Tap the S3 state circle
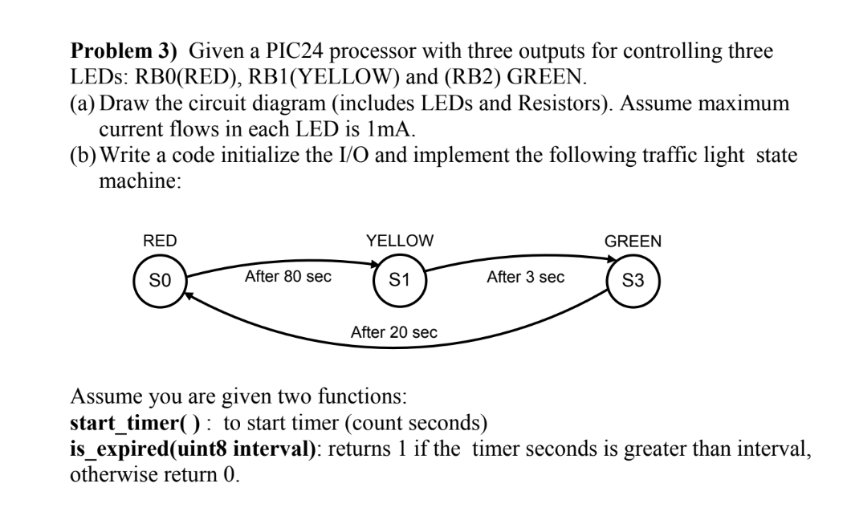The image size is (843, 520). pyautogui.click(x=633, y=281)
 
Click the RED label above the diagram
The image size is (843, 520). pyautogui.click(x=160, y=240)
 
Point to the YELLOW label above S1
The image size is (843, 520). pyautogui.click(x=399, y=240)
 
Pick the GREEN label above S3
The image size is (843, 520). pyautogui.click(x=633, y=240)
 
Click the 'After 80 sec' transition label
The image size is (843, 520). pyautogui.click(x=288, y=277)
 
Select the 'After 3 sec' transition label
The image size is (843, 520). pyautogui.click(x=525, y=277)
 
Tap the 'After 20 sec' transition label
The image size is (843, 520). pyautogui.click(x=393, y=331)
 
